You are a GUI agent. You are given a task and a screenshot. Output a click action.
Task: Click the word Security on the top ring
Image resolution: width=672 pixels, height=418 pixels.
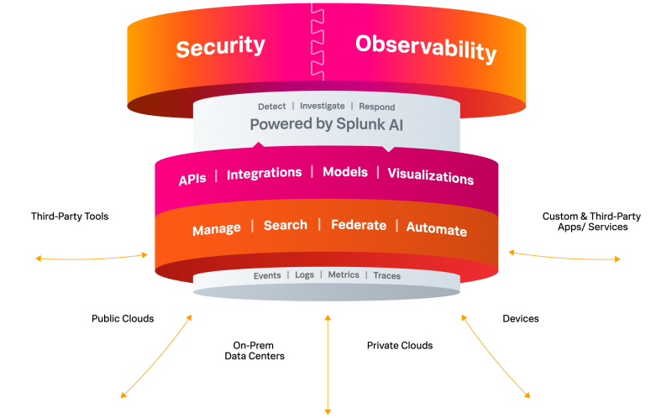[221, 46]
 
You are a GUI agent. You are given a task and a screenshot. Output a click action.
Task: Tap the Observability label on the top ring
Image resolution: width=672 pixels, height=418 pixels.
[426, 49]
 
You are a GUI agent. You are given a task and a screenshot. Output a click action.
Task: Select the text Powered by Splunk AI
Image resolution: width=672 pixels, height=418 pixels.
[327, 124]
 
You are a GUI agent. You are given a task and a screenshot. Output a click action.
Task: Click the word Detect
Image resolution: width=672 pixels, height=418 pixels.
[271, 107]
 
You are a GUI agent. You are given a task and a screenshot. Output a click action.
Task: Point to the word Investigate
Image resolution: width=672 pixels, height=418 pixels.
[323, 106]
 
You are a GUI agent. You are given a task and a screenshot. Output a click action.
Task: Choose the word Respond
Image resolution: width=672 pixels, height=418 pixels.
[376, 107]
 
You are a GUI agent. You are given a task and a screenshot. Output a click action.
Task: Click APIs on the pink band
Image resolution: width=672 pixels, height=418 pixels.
[192, 179]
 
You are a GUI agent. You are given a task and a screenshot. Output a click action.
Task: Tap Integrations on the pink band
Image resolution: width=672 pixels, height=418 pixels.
[264, 174]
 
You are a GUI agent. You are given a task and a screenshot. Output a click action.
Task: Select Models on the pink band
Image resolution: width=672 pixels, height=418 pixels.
[345, 172]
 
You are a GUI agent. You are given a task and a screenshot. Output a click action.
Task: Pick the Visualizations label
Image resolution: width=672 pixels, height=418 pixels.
[431, 176]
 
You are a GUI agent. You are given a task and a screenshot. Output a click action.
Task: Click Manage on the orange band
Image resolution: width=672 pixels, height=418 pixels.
[217, 229]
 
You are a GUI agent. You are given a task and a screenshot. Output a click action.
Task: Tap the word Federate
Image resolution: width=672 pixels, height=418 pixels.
[359, 225]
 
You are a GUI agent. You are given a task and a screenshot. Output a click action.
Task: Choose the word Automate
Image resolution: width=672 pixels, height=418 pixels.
[436, 228]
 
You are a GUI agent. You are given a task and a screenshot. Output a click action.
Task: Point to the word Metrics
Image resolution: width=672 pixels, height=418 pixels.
[344, 274]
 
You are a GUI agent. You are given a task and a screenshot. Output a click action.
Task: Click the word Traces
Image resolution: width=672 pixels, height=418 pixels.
[387, 275]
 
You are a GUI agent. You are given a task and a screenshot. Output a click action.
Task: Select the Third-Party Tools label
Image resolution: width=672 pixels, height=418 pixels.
[70, 217]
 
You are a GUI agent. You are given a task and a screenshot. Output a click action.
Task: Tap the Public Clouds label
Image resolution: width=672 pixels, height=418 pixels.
[123, 319]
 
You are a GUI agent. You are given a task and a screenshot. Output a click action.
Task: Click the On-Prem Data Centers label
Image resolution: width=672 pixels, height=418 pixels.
[255, 350]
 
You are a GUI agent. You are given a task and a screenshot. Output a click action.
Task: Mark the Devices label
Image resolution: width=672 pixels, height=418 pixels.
[521, 319]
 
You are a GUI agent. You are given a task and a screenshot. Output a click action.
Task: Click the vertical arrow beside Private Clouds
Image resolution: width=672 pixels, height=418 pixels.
[328, 364]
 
